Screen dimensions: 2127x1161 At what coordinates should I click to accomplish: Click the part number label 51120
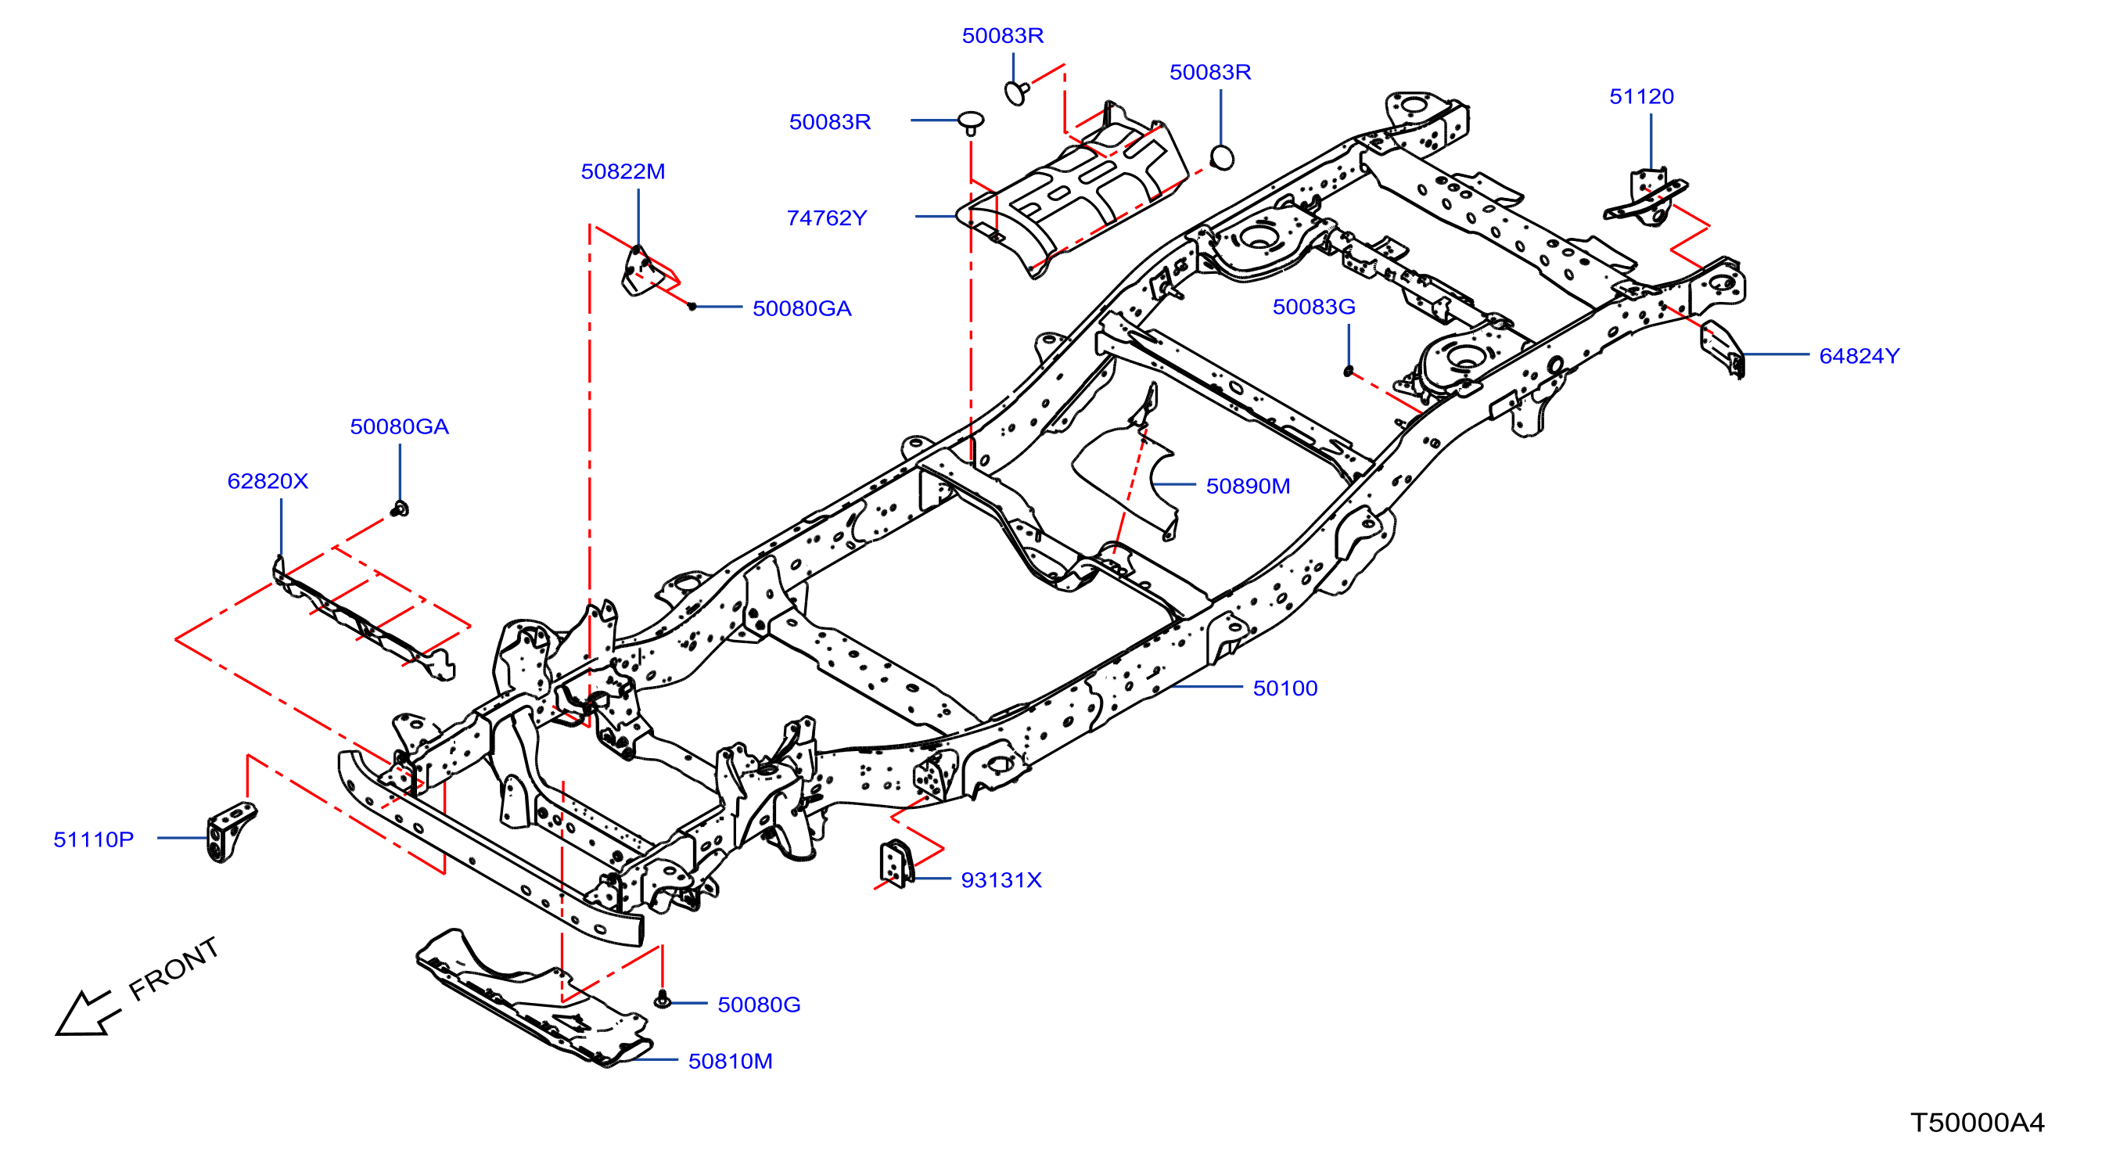pyautogui.click(x=1640, y=96)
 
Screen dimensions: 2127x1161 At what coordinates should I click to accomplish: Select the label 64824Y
pyautogui.click(x=1859, y=356)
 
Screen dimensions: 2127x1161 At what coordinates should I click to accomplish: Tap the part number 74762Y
pyautogui.click(x=827, y=218)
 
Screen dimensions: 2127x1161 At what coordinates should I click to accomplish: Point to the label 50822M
pyautogui.click(x=623, y=172)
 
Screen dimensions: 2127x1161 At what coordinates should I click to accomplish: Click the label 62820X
pyautogui.click(x=268, y=481)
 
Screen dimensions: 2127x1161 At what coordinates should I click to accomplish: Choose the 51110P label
pyautogui.click(x=93, y=839)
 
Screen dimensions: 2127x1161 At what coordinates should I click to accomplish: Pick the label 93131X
pyautogui.click(x=1001, y=880)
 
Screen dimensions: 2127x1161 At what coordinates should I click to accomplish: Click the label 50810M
pyautogui.click(x=730, y=1061)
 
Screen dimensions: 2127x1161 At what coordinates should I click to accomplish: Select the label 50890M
pyautogui.click(x=1248, y=487)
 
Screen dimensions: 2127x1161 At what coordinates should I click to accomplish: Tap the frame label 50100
pyautogui.click(x=1284, y=688)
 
